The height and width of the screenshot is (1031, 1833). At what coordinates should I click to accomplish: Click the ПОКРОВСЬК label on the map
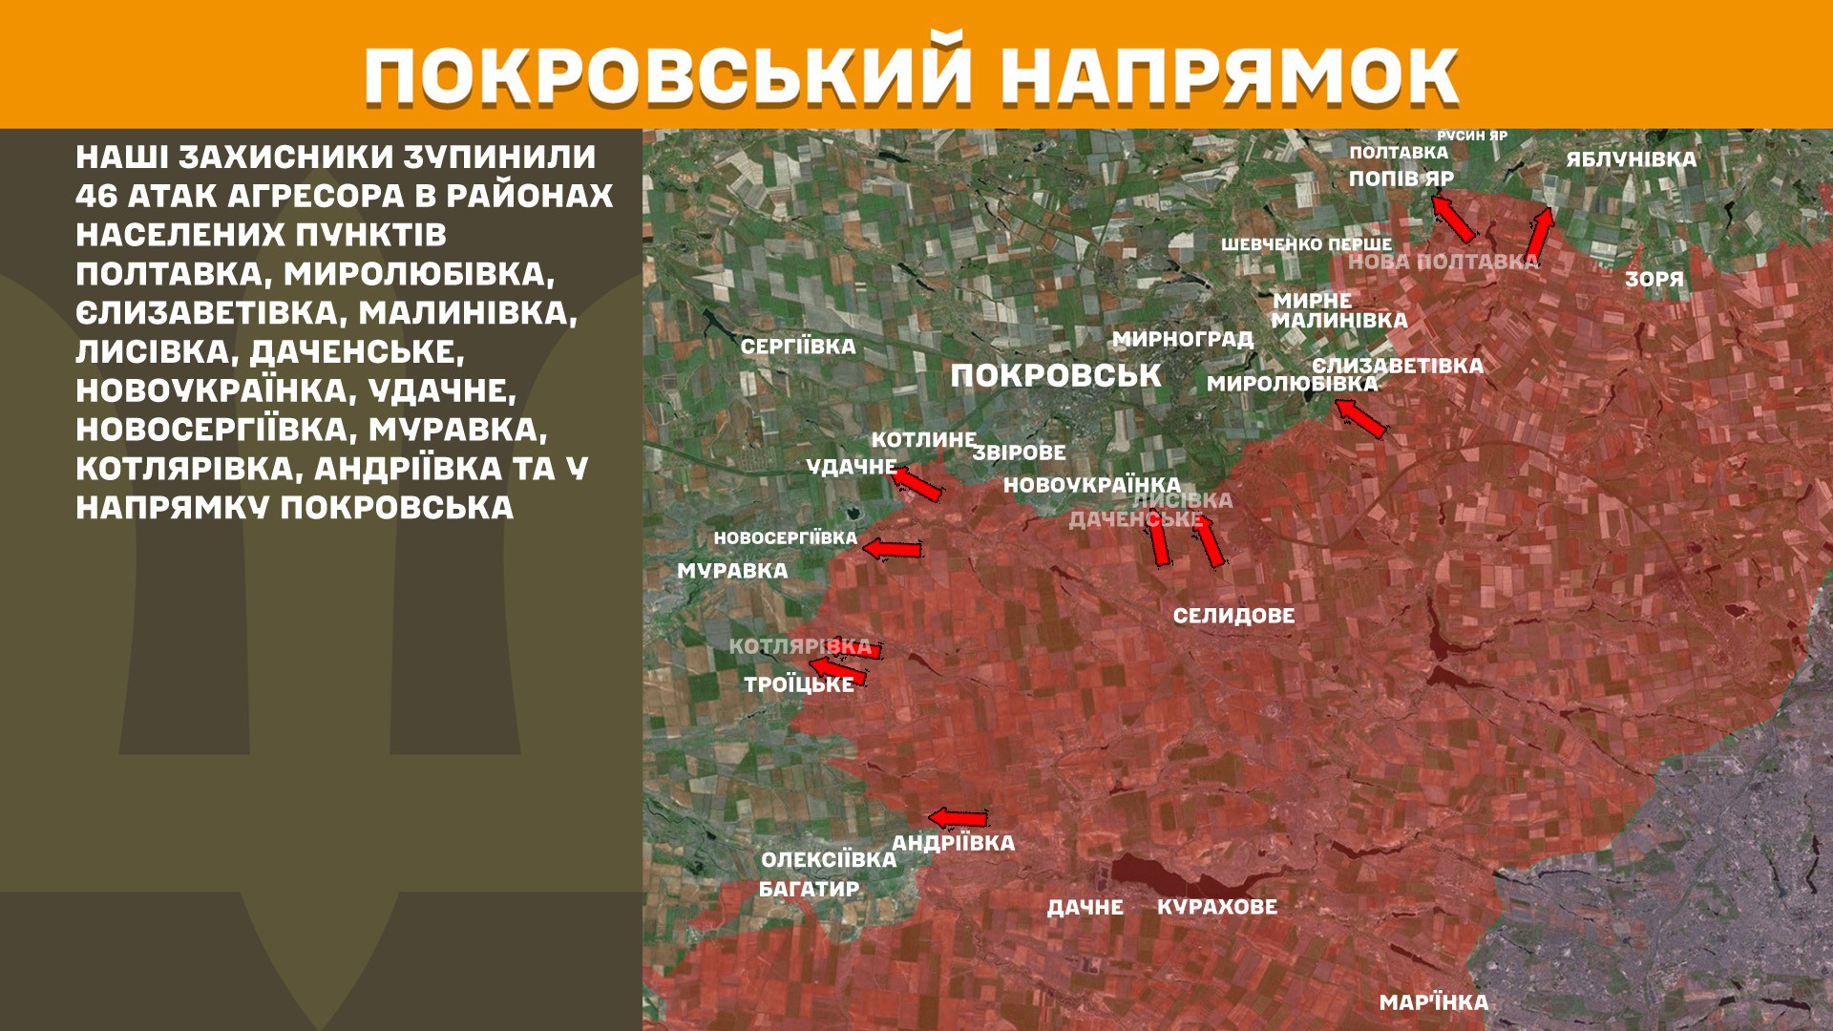point(1056,376)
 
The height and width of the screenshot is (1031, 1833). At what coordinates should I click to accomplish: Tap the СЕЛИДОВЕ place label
point(1233,617)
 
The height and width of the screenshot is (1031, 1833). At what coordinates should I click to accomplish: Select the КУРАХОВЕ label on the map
point(1217,907)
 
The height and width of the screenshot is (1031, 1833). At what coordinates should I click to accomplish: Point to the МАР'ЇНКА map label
point(1433,1003)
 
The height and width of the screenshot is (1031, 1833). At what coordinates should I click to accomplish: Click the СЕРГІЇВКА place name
point(798,347)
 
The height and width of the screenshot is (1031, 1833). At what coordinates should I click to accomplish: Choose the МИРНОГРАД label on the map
point(1182,339)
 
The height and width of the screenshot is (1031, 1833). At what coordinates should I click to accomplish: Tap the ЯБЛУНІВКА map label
point(1631,159)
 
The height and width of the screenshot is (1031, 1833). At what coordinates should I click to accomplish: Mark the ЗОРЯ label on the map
point(1654,280)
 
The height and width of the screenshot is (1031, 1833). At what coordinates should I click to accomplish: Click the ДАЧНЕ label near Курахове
point(1085,908)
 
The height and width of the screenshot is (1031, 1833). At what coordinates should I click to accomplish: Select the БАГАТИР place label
point(809,890)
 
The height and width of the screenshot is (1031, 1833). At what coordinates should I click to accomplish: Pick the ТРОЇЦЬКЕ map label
point(799,684)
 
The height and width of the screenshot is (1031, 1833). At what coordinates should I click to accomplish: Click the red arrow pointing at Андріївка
point(959,818)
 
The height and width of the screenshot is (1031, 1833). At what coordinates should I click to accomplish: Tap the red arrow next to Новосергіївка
point(893,549)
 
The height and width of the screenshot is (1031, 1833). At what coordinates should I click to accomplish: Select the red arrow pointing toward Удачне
point(917,484)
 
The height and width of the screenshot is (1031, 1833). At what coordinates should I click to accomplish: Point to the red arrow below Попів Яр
point(1452,219)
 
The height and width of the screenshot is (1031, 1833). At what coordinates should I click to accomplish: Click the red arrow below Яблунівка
point(1539,234)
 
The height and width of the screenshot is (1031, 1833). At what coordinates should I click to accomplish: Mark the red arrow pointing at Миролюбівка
point(1359,418)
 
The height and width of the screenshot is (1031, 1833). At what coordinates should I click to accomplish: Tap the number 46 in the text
point(95,197)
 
